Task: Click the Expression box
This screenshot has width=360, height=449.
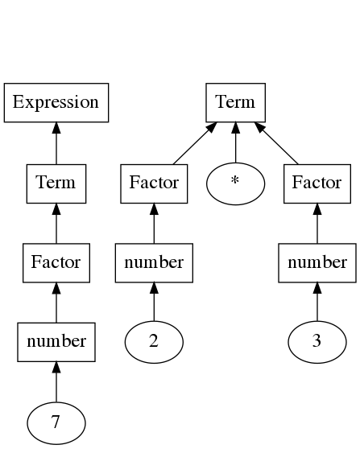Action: [56, 102]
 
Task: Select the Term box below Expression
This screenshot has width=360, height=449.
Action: [56, 183]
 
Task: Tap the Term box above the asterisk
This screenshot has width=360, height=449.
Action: [236, 102]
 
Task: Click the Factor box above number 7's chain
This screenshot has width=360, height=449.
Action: [56, 263]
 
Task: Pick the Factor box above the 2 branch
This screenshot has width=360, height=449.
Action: [154, 183]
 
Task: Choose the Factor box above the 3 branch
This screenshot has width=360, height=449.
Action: [317, 183]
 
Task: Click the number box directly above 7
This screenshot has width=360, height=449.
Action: [56, 342]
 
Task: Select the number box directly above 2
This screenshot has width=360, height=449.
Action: [154, 263]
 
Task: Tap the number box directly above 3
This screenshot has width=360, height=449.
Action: [317, 263]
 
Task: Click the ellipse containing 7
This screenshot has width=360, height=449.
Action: [56, 423]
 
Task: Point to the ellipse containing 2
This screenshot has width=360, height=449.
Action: [154, 342]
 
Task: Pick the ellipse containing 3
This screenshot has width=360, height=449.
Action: [317, 342]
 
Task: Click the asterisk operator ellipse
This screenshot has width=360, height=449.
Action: [236, 183]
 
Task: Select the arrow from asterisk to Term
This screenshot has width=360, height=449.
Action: [236, 142]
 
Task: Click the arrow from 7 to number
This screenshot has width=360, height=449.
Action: [56, 381]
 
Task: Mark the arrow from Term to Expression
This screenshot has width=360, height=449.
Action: [56, 143]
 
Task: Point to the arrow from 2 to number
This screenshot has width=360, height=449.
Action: [154, 302]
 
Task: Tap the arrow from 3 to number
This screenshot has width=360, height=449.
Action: [317, 302]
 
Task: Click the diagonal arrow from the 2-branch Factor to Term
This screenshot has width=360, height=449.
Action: [195, 143]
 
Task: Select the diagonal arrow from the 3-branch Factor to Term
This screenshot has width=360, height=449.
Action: [276, 143]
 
